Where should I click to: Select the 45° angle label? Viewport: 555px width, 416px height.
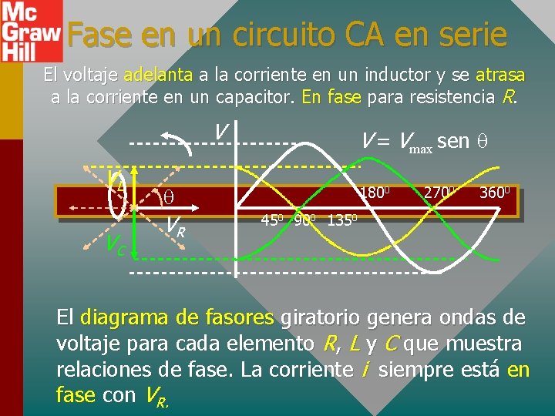tap(271, 219)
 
